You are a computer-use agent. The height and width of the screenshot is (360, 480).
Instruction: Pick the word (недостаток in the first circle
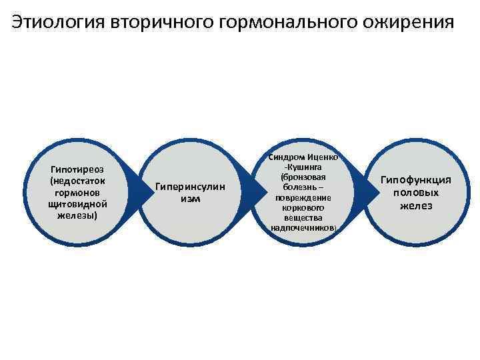tap(77, 181)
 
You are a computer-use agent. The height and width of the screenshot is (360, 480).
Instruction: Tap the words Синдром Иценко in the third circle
tap(304, 157)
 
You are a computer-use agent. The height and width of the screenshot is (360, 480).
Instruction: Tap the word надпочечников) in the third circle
tap(304, 228)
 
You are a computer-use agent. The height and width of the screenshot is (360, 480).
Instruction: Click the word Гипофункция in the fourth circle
tap(416, 180)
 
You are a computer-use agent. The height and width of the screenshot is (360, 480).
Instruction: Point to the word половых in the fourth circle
tap(416, 193)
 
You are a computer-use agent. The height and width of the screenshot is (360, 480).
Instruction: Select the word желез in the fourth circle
tap(416, 205)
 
